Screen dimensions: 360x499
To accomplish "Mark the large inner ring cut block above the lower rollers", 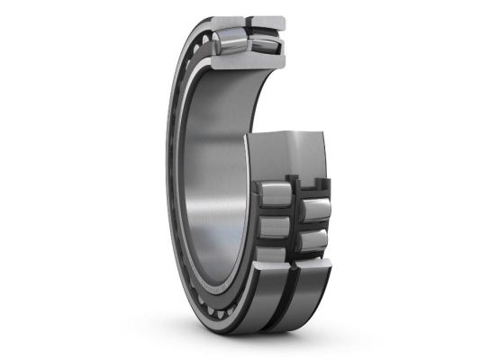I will [293, 153].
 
